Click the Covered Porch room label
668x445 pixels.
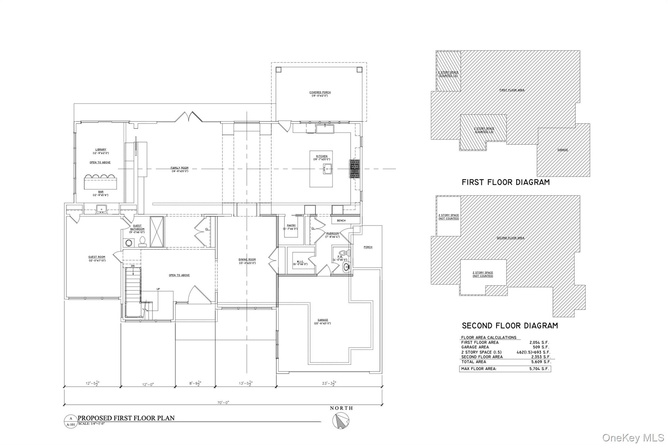coord(320,94)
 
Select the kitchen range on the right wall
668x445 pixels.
coord(355,169)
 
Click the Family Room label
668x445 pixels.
coord(179,169)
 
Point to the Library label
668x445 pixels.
coord(100,151)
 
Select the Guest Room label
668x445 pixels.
coord(97,259)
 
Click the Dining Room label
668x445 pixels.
coord(247,261)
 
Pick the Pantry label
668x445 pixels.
coord(291,227)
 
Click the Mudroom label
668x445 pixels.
coord(333,235)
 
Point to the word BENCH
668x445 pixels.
coord(341,221)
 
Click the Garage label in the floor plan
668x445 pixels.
coord(323,321)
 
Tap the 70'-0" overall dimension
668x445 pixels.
coord(223,403)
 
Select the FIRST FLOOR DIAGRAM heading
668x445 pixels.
coord(506,182)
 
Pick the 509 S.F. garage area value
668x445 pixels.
coord(541,347)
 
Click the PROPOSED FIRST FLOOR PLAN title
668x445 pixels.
coord(126,418)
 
